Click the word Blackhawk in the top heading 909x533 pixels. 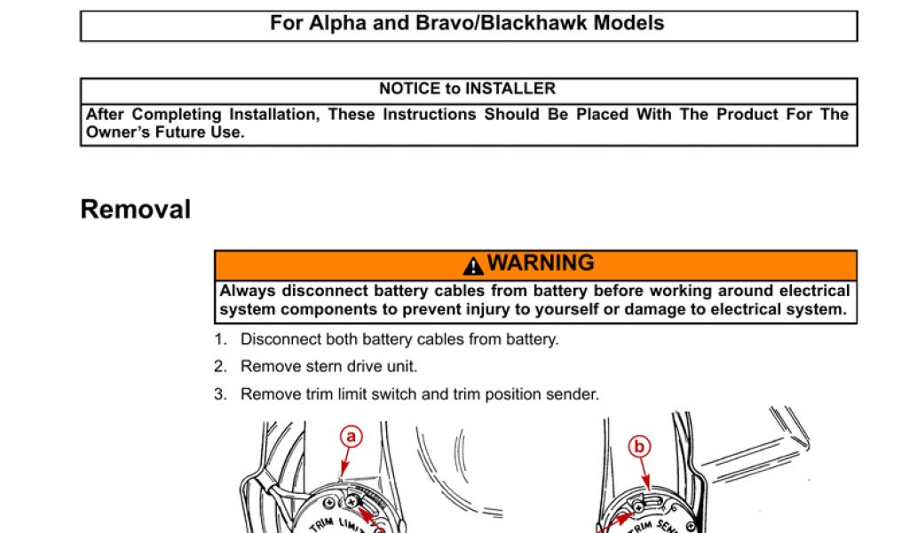542,24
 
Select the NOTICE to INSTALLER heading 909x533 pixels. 468,89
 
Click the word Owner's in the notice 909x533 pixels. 121,132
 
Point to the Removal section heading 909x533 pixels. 135,210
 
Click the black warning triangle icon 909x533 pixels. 473,266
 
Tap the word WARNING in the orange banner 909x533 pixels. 541,264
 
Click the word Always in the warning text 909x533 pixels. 248,291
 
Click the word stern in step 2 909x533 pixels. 326,367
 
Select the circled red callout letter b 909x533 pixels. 638,447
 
